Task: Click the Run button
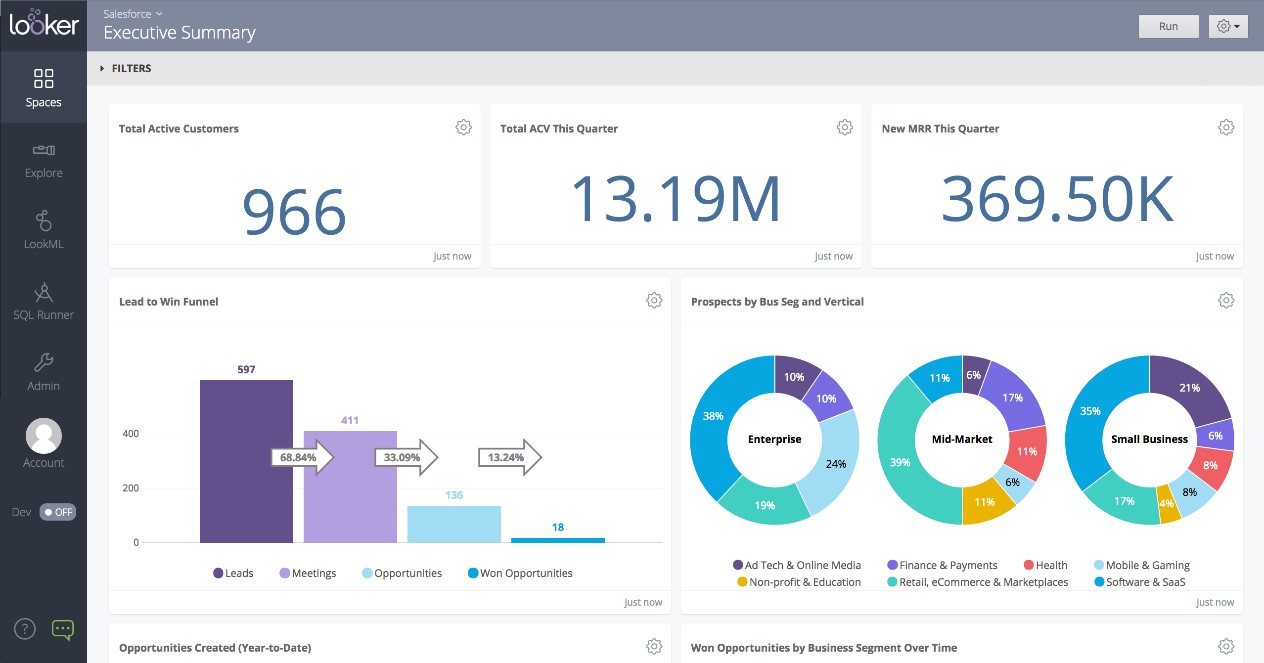(x=1168, y=27)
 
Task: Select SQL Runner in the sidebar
(x=43, y=301)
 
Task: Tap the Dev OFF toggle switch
(x=58, y=512)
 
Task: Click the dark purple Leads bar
(x=246, y=461)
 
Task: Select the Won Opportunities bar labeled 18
(x=557, y=540)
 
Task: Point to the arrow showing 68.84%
(x=301, y=458)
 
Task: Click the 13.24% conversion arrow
(x=509, y=458)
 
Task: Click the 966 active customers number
(x=294, y=211)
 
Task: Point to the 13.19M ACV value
(x=675, y=199)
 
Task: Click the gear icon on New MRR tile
(x=1226, y=128)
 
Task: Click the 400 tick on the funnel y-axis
(x=131, y=434)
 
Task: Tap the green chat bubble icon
(x=63, y=629)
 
